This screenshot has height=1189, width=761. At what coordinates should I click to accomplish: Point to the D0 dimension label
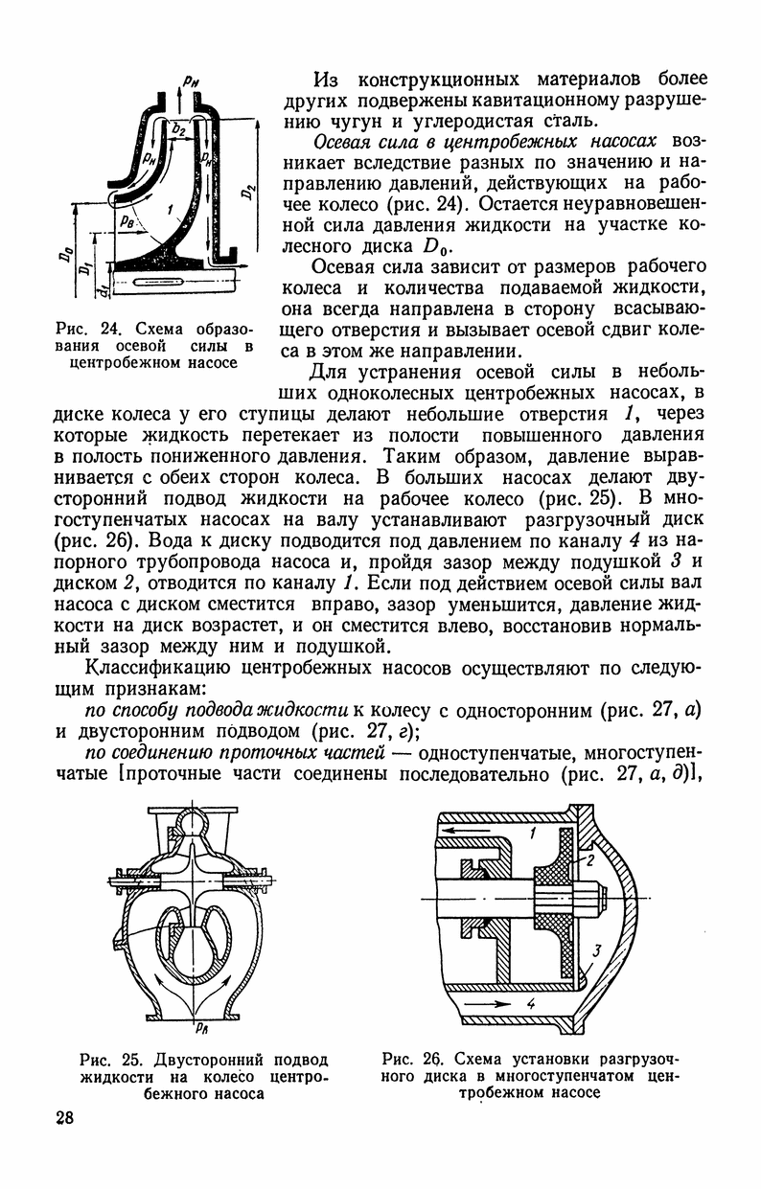click(63, 256)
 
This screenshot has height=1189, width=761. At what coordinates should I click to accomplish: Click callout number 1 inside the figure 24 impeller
click(170, 207)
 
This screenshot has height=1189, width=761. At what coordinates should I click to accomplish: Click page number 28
click(64, 1119)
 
